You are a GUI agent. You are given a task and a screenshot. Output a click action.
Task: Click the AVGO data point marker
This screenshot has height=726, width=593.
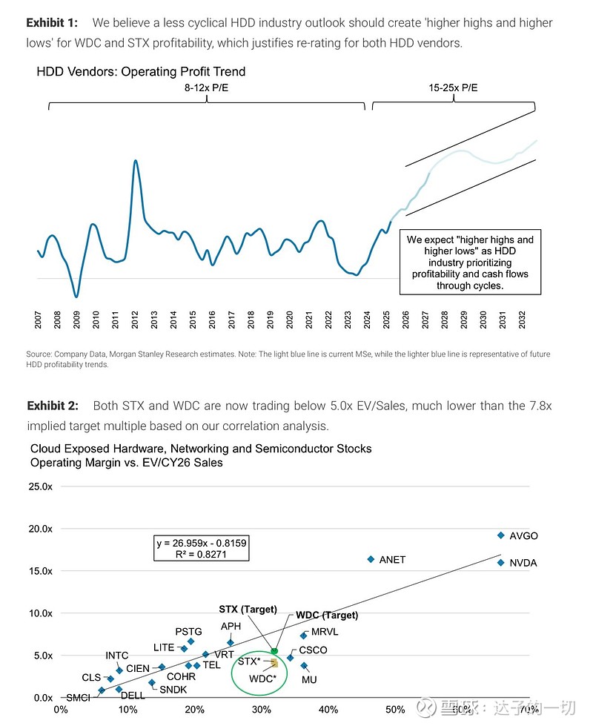(501, 535)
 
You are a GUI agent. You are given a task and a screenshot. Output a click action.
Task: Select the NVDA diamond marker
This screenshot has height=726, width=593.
(501, 563)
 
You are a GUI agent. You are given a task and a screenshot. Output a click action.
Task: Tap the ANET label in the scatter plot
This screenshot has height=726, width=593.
(392, 560)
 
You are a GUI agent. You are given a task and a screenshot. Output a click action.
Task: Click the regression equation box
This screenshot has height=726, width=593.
(201, 548)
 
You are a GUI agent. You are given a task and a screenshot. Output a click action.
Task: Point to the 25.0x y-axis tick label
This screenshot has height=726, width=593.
(42, 486)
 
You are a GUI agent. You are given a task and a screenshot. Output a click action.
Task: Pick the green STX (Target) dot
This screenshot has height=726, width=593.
(274, 651)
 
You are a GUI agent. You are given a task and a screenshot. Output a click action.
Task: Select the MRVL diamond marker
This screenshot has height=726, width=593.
(303, 636)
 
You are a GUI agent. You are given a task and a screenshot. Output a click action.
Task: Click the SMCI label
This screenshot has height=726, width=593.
(78, 698)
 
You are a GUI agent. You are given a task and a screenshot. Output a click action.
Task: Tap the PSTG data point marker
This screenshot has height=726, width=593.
(191, 641)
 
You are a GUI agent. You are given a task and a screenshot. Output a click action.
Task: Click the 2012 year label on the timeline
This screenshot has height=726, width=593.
(135, 320)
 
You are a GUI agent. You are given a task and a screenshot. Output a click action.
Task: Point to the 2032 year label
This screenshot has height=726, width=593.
(522, 320)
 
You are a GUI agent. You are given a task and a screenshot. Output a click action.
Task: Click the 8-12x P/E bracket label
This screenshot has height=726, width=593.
(207, 88)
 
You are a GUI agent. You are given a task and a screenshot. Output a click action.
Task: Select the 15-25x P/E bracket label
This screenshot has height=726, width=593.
(453, 88)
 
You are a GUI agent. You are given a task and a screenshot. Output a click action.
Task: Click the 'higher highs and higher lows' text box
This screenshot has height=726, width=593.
(469, 263)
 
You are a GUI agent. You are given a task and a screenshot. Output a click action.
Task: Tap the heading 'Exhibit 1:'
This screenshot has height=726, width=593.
(52, 23)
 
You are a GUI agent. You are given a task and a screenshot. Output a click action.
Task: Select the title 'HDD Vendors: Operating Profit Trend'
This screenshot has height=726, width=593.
(141, 72)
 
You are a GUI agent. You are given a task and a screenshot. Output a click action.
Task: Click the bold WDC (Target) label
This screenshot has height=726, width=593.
(327, 615)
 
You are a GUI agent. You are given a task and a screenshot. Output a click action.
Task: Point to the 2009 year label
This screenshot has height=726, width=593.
(77, 320)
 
